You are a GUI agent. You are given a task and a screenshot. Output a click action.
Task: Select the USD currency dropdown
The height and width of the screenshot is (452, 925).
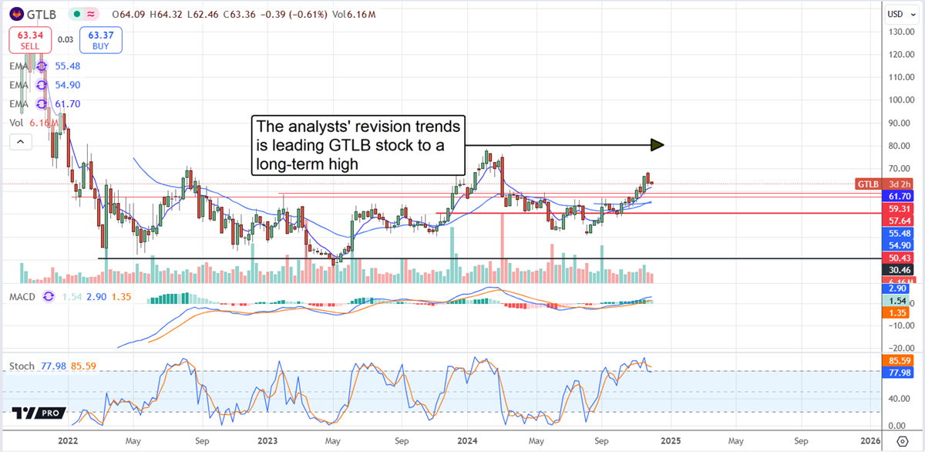895,13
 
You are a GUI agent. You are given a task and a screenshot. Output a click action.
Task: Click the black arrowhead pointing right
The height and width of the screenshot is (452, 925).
657,144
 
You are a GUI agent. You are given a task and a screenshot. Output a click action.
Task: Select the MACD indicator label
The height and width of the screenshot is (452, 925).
24,296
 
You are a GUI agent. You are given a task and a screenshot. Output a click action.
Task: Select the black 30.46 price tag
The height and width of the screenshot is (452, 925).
896,270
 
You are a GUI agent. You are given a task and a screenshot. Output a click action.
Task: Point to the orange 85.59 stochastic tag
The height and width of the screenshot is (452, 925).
896,360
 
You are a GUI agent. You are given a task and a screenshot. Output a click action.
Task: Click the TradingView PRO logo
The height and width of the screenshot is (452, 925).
36,413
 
